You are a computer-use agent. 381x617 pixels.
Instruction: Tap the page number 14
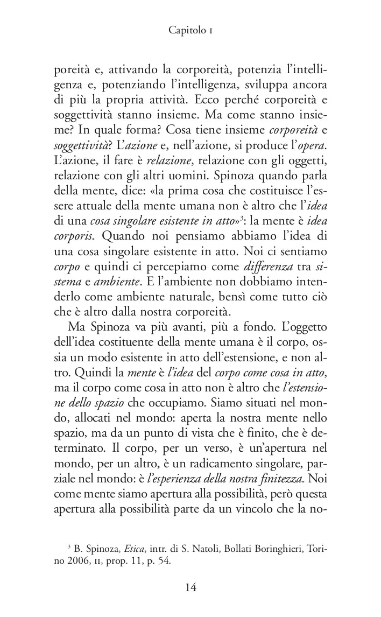[x=190, y=587]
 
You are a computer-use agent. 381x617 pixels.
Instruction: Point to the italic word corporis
[x=72, y=236]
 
